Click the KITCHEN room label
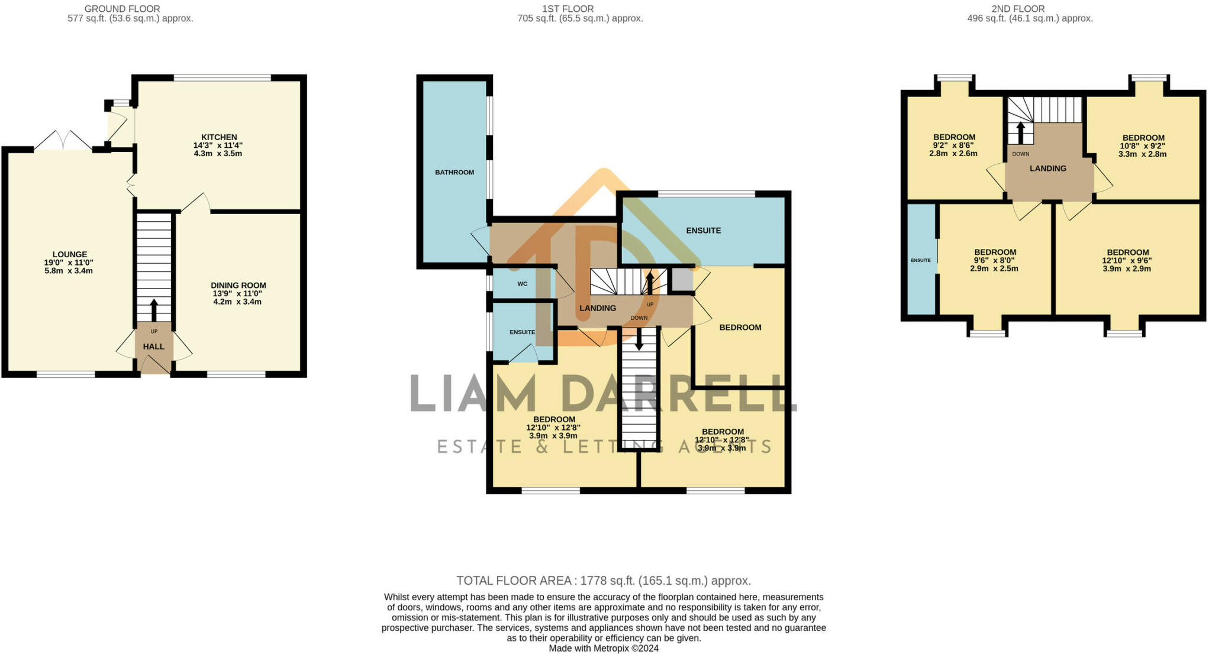pyautogui.click(x=219, y=137)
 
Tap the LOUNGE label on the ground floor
pyautogui.click(x=69, y=254)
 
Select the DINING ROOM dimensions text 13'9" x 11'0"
pyautogui.click(x=238, y=293)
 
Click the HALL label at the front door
pyautogui.click(x=154, y=347)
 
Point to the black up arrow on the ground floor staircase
pyautogui.click(x=154, y=309)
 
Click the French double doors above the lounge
pyautogui.click(x=63, y=141)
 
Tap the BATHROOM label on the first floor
pyautogui.click(x=454, y=173)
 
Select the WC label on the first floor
pyautogui.click(x=522, y=284)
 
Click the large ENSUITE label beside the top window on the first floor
pyautogui.click(x=703, y=231)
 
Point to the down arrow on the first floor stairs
pyautogui.click(x=639, y=340)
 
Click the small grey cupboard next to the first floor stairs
pyautogui.click(x=682, y=280)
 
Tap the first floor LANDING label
pyautogui.click(x=598, y=308)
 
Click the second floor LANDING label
pyautogui.click(x=1047, y=169)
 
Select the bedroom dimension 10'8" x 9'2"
pyautogui.click(x=1143, y=146)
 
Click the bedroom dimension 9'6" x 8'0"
pyautogui.click(x=995, y=260)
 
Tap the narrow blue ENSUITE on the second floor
pyautogui.click(x=921, y=260)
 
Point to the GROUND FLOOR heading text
pyautogui.click(x=122, y=9)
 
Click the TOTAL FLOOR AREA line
pyautogui.click(x=603, y=581)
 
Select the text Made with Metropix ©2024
pyautogui.click(x=603, y=648)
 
